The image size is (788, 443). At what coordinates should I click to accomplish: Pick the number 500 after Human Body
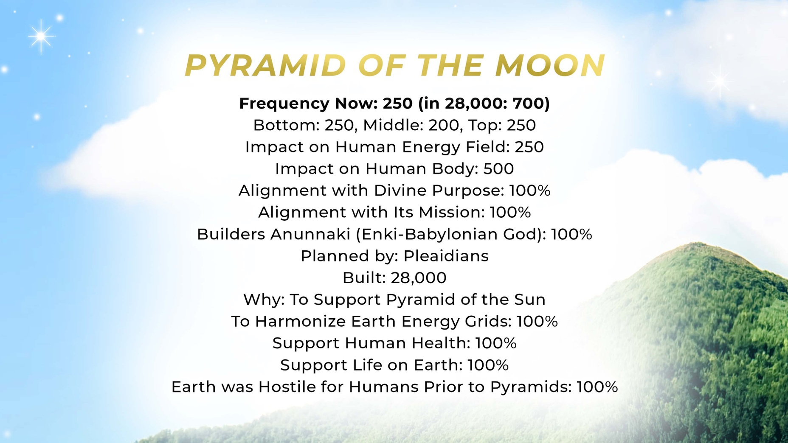[498, 168]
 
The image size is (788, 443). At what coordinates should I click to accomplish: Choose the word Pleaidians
[446, 256]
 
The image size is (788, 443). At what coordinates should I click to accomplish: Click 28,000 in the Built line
[419, 278]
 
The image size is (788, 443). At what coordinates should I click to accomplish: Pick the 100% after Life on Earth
[488, 365]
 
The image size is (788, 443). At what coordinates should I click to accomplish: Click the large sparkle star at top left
[41, 37]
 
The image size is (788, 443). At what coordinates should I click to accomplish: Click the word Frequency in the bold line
[284, 104]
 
